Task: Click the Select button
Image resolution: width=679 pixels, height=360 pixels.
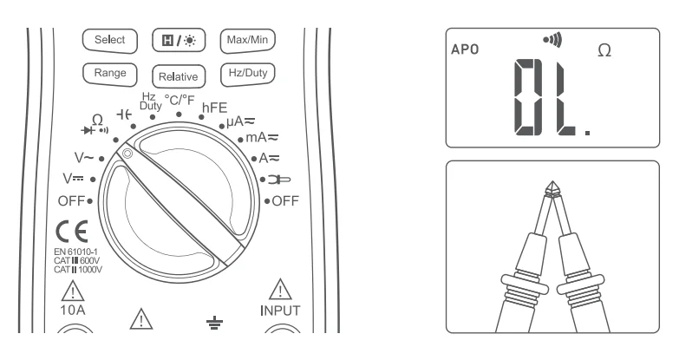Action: pos(109,40)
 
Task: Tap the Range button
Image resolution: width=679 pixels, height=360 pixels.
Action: pos(109,74)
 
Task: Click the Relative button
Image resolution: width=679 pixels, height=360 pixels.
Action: pos(177,75)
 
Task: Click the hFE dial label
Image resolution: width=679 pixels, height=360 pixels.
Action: pos(214,108)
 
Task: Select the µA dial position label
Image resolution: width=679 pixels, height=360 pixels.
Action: pos(239,123)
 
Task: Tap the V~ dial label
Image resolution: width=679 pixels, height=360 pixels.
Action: pos(84,159)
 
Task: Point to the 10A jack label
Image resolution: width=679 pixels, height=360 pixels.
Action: pos(74,309)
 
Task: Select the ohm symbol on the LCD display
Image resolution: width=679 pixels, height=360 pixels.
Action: pos(604,52)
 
